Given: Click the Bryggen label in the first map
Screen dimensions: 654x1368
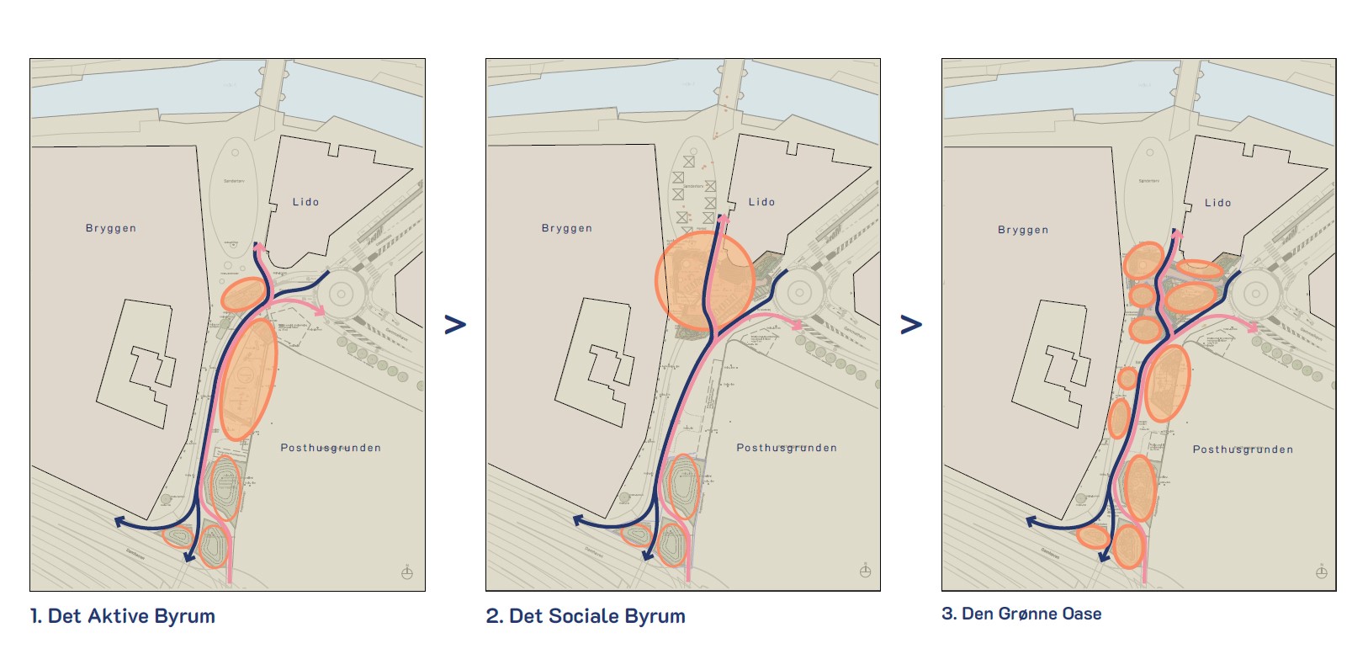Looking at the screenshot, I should tap(110, 228).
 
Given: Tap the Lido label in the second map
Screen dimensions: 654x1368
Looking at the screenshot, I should tap(761, 202).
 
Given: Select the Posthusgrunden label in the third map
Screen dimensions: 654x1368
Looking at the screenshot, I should tap(1243, 449).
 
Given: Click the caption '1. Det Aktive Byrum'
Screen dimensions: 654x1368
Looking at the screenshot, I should tap(123, 616).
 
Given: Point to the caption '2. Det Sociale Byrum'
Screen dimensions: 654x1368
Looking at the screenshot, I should tap(586, 616).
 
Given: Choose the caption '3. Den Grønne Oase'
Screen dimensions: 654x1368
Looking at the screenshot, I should tap(1021, 614).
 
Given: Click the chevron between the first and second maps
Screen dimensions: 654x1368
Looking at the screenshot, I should tap(455, 324).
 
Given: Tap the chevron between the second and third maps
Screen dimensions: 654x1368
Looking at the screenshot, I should tap(911, 324).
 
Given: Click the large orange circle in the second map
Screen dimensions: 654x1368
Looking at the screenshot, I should tap(704, 280).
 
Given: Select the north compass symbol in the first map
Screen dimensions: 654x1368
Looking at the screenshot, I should tap(407, 573).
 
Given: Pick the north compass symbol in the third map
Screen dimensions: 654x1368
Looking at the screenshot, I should tap(1322, 572).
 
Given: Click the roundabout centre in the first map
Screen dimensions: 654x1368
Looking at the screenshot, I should tap(342, 295).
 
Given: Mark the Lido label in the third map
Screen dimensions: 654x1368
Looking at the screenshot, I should tap(1217, 203).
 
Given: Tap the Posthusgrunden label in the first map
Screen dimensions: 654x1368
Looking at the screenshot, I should tap(331, 448).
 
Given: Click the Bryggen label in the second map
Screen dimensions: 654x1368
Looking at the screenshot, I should tap(566, 228).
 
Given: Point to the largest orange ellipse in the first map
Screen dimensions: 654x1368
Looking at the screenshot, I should tap(248, 379).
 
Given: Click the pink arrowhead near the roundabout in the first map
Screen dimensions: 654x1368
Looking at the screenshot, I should tap(320, 311).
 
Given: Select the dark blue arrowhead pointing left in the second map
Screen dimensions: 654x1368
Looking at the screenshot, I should tap(579, 521).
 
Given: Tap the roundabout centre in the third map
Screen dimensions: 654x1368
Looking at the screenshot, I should tap(1255, 295).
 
